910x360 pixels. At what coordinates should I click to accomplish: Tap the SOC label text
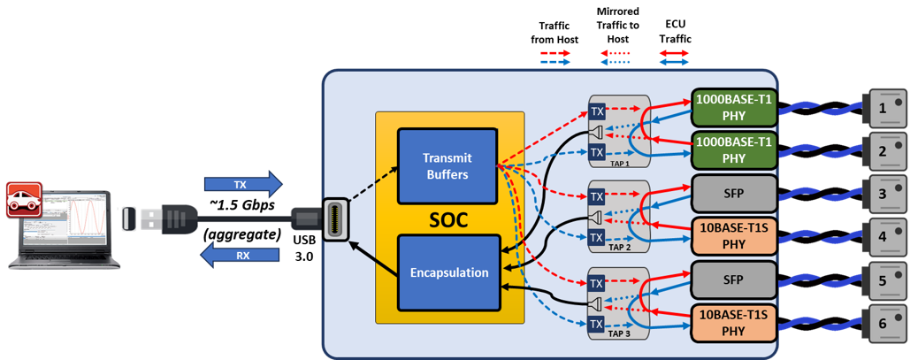pos(450,219)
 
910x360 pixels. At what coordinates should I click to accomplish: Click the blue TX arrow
pos(242,185)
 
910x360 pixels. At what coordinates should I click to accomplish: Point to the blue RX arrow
pos(241,256)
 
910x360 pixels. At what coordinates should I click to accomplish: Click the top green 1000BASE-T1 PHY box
pos(733,107)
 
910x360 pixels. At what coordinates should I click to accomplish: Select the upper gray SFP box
pos(733,192)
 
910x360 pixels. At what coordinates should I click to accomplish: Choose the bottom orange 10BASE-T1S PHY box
pos(733,324)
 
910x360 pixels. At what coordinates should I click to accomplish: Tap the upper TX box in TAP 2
pos(597,196)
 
